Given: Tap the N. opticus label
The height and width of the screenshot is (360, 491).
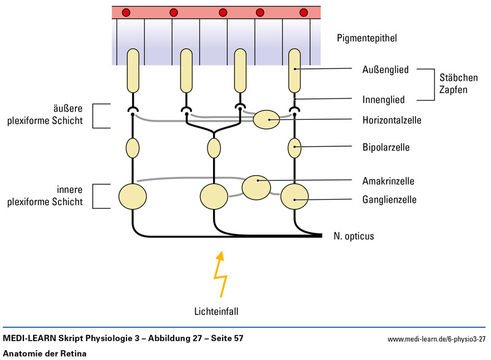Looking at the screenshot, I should pos(354,236).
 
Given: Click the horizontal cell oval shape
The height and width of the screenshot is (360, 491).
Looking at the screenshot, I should pos(266,119).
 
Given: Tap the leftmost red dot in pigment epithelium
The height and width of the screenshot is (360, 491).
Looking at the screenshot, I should pos(126,12).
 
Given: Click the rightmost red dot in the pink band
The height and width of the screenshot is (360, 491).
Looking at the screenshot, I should pos(303,12).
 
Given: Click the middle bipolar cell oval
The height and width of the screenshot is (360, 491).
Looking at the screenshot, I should pos(214,148).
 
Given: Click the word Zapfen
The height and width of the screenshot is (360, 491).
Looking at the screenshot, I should pos(456,89).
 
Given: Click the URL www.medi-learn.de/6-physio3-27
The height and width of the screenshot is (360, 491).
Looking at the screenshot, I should pos(436,339).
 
